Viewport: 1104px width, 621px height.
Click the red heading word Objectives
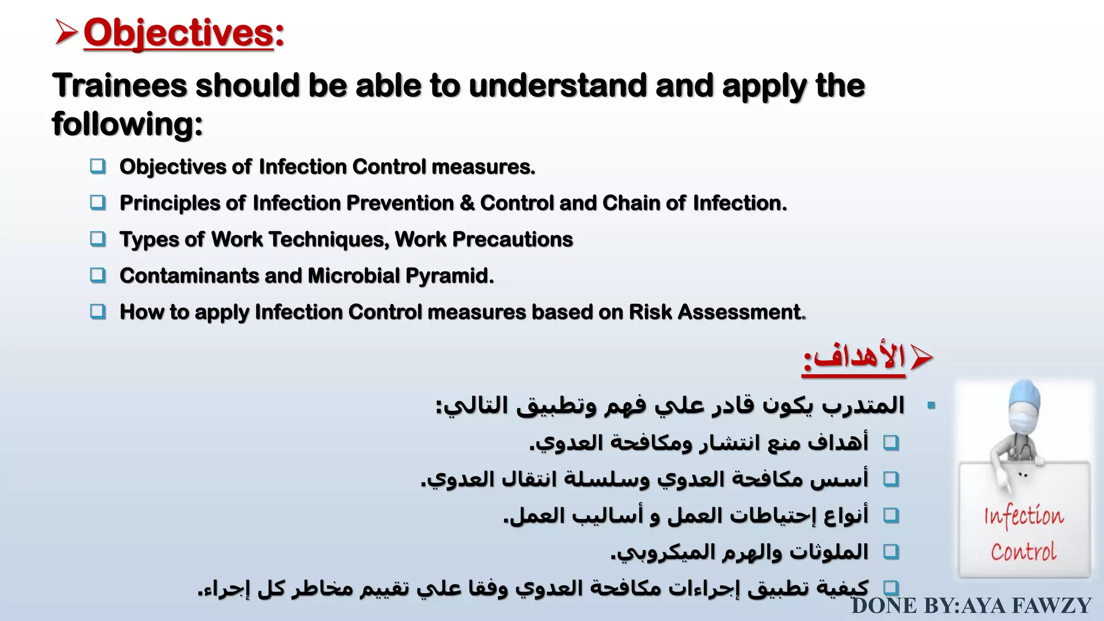pyautogui.click(x=179, y=33)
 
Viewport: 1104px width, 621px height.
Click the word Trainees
pyautogui.click(x=120, y=86)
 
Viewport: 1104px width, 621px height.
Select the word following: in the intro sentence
pyautogui.click(x=127, y=124)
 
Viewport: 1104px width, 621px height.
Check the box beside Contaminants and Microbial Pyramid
pyautogui.click(x=98, y=275)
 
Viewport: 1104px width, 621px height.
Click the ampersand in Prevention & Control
pyautogui.click(x=467, y=203)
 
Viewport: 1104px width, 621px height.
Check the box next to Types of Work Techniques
pyautogui.click(x=98, y=239)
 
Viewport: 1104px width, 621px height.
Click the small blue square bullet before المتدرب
pyautogui.click(x=931, y=405)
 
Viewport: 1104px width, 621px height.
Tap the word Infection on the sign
pyautogui.click(x=1024, y=516)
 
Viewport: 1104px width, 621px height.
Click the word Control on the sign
pyautogui.click(x=1023, y=552)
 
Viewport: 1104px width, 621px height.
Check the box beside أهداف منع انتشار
pyautogui.click(x=891, y=443)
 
